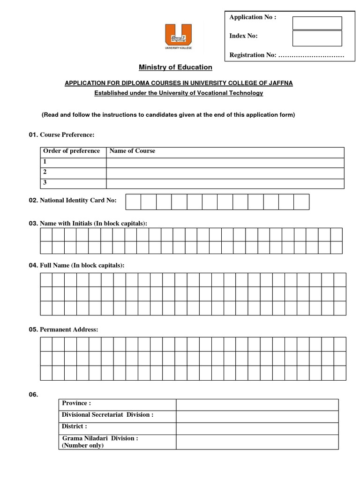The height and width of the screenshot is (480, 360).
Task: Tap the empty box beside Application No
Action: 317,23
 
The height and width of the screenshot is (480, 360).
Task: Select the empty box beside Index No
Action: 317,38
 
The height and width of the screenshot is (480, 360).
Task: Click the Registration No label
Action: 253,55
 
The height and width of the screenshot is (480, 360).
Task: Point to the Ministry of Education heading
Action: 175,67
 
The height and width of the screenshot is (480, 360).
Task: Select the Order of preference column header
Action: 71,151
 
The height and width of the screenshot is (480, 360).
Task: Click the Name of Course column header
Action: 132,151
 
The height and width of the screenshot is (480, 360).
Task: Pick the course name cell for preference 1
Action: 225,163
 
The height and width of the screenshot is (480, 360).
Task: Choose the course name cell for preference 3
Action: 225,183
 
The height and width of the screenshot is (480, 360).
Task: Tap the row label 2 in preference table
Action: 45,172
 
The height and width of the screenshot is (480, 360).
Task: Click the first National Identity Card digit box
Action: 134,202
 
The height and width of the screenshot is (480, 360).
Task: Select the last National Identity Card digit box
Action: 301,202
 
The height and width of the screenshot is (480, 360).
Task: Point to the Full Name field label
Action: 82,265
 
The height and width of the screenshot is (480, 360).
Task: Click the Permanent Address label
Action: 69,330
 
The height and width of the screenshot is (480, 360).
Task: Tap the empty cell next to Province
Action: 257,405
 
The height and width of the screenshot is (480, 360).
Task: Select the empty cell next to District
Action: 257,428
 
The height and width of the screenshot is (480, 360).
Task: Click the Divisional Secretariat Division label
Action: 107,415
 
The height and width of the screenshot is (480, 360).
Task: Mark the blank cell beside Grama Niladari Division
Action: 257,442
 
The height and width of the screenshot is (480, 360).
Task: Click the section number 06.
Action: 33,395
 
